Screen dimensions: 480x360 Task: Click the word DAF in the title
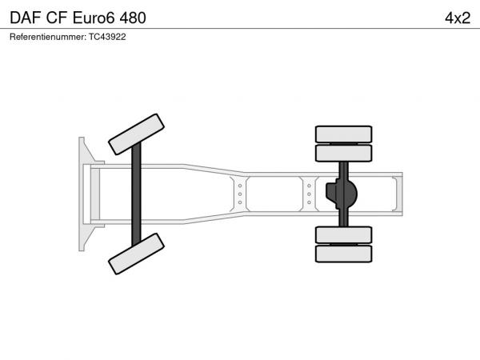26,18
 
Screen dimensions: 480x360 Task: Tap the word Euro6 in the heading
94,18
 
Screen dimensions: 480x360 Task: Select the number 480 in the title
133,18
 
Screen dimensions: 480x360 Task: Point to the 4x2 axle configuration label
458,18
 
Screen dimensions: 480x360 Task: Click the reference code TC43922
107,37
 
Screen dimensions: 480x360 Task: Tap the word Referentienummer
48,37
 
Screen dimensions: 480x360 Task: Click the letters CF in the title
57,18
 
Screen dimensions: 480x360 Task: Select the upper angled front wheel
136,134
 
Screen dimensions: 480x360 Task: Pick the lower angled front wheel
136,254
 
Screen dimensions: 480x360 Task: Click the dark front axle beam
136,194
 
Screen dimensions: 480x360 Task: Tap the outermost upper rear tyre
343,134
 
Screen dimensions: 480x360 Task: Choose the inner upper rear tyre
343,153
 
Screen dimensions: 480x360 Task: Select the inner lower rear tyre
343,235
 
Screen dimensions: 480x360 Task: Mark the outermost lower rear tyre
343,254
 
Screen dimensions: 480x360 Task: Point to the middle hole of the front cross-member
240,194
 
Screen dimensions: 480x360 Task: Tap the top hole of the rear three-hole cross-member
309,186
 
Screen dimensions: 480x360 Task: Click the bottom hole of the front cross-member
240,202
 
